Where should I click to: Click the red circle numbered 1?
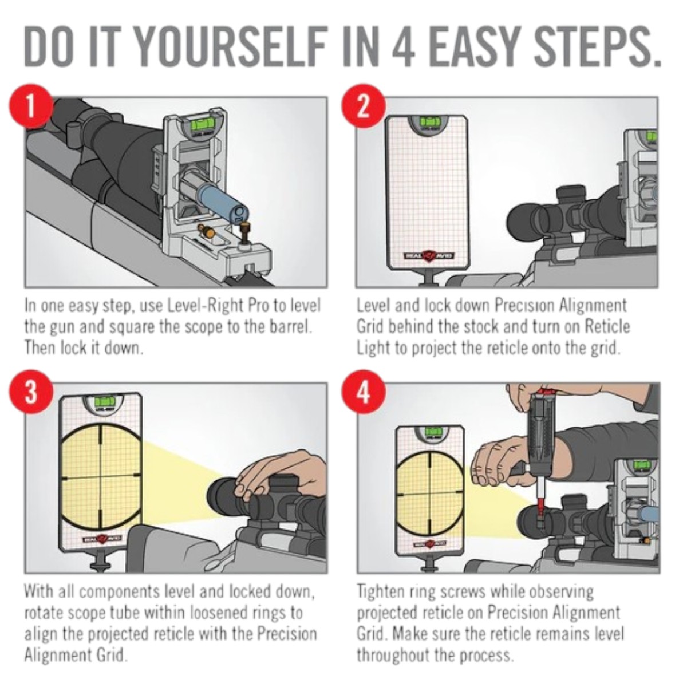click(31, 107)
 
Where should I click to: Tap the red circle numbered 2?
click(364, 107)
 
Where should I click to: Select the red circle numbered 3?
click(31, 392)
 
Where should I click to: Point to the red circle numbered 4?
click(364, 392)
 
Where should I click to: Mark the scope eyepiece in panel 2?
click(523, 219)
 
